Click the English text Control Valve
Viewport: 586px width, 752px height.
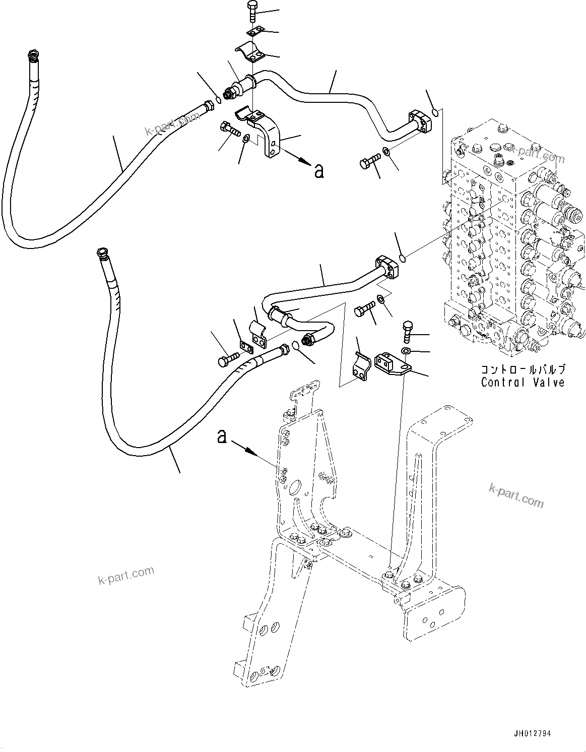pos(523,382)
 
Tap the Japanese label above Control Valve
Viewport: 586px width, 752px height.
pos(523,368)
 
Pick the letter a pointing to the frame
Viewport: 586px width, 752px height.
pos(221,436)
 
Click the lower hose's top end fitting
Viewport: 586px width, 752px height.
pos(102,252)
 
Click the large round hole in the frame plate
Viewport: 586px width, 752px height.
pos(294,488)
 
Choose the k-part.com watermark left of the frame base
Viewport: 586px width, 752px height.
pos(125,575)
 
